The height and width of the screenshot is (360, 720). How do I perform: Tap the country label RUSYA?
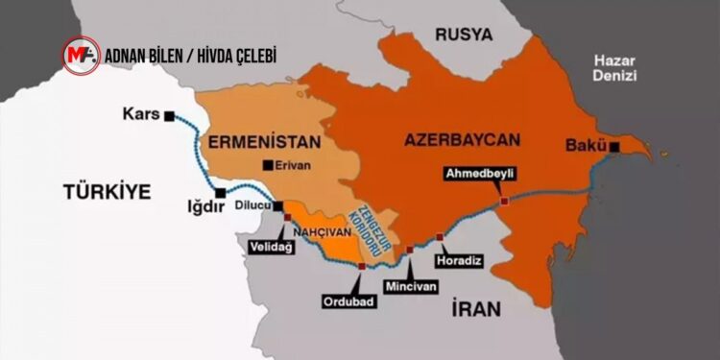click(x=464, y=35)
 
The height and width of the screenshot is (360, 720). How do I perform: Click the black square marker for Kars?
click(x=169, y=115)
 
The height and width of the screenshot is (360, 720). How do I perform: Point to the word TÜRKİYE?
click(x=108, y=191)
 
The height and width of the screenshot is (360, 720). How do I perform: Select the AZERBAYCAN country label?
click(x=463, y=139)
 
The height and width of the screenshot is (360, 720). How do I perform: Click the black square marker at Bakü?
click(x=613, y=147)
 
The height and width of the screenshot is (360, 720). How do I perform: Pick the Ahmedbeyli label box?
click(x=477, y=174)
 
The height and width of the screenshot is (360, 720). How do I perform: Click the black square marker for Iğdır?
click(x=220, y=193)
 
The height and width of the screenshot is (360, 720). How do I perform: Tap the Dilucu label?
click(x=253, y=205)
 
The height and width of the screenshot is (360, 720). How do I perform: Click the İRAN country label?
click(x=476, y=308)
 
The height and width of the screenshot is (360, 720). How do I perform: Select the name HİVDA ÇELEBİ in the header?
click(x=231, y=56)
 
